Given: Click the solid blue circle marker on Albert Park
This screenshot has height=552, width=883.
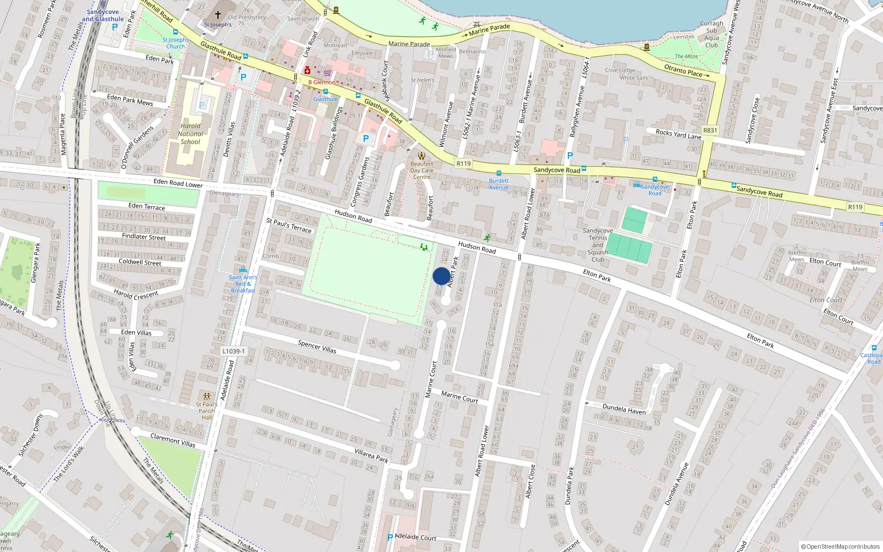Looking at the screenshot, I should pos(441,276).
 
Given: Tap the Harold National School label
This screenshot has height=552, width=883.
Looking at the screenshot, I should pos(190,134).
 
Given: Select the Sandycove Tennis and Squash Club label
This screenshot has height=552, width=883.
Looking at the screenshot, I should pos(598,245).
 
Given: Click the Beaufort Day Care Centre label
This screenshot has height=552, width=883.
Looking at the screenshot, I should pos(422,170).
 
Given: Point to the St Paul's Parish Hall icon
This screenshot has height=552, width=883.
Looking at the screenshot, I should pos(207,396).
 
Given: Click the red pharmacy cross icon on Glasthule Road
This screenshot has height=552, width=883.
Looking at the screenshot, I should pos(307,71).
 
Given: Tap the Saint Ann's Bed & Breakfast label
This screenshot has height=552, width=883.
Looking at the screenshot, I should pos(243,284).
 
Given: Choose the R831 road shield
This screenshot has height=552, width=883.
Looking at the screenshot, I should pos(710,131).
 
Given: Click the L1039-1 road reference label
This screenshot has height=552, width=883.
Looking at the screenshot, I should pos(233,351).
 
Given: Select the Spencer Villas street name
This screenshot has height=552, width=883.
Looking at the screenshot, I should pos(317,347).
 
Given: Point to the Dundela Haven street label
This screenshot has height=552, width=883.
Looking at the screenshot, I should pos(624,408).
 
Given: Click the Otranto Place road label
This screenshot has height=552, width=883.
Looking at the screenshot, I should pos(683,70).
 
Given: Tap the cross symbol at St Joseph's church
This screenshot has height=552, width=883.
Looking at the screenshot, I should pos(218,15).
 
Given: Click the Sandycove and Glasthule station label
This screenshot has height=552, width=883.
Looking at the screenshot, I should pos(103,15).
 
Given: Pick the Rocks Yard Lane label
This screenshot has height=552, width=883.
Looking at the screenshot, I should pos(678,134).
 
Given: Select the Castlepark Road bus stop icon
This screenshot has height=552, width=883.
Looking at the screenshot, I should pos(874,348).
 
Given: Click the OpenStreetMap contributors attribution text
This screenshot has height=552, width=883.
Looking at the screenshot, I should pos(841,546).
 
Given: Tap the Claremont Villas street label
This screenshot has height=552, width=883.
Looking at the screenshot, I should pos(173,440).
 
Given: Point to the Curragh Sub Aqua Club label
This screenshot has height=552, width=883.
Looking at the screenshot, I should pos(711,34).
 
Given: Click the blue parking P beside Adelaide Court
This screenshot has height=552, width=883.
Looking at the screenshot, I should pos(390,537).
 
